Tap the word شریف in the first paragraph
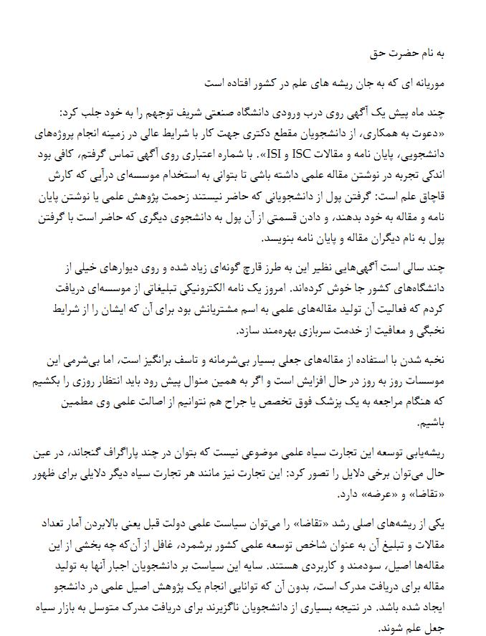[x=231, y=113]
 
